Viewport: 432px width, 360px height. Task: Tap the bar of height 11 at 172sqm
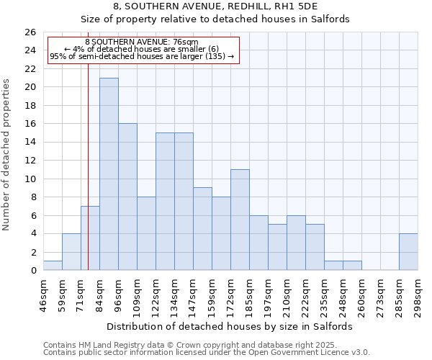(x=240, y=220)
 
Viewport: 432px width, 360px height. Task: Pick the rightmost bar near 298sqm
(x=408, y=252)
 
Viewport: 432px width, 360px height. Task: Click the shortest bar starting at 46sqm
(x=53, y=266)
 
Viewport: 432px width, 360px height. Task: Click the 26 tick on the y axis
(x=30, y=32)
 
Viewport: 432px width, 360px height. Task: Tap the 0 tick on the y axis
(x=33, y=271)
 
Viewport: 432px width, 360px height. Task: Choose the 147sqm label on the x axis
(x=194, y=291)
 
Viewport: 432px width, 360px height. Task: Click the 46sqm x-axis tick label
(x=44, y=291)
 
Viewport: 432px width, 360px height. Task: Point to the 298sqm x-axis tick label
(x=418, y=291)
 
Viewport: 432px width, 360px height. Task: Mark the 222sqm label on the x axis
(x=306, y=291)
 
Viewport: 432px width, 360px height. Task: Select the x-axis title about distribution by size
(x=234, y=326)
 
